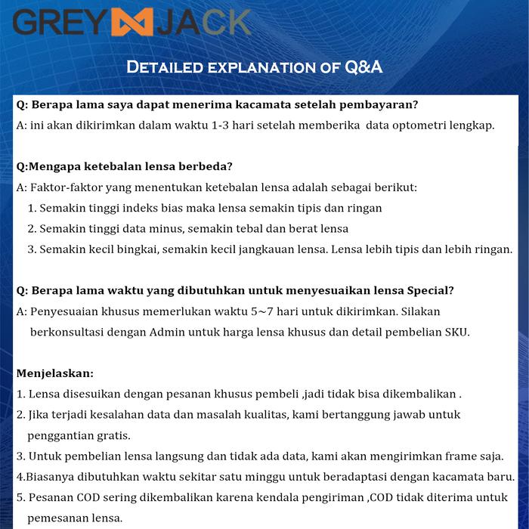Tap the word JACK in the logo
(203, 22)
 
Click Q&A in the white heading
(363, 68)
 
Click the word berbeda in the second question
(206, 166)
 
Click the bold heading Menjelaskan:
(55, 373)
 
